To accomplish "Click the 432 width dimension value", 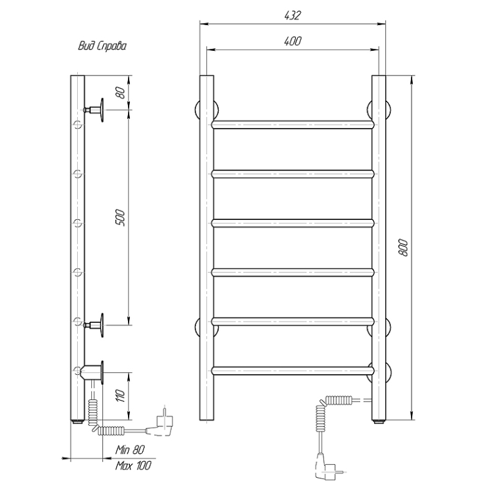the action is coord(293,15).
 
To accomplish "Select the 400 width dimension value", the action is coord(293,41).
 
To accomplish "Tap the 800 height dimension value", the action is coord(403,248).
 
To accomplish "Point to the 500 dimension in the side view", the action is coord(120,218).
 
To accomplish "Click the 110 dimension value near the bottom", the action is coord(120,395).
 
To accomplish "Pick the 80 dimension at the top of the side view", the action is coord(120,93).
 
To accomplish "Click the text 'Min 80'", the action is coord(130,449).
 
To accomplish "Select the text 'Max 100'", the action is coord(133,466).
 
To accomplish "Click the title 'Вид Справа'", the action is coord(102,46).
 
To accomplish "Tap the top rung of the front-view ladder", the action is coord(293,125).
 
